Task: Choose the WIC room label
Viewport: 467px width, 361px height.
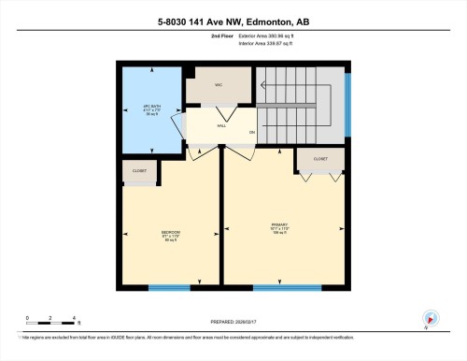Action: (218, 85)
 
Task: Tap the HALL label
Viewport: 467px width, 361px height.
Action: (221, 123)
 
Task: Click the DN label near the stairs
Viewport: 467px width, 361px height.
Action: (251, 133)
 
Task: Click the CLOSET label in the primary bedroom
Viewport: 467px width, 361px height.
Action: (319, 159)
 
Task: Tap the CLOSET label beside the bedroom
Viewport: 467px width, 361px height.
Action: (140, 170)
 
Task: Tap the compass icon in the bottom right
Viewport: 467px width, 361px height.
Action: (429, 319)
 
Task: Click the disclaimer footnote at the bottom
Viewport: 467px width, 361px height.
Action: (233, 337)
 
